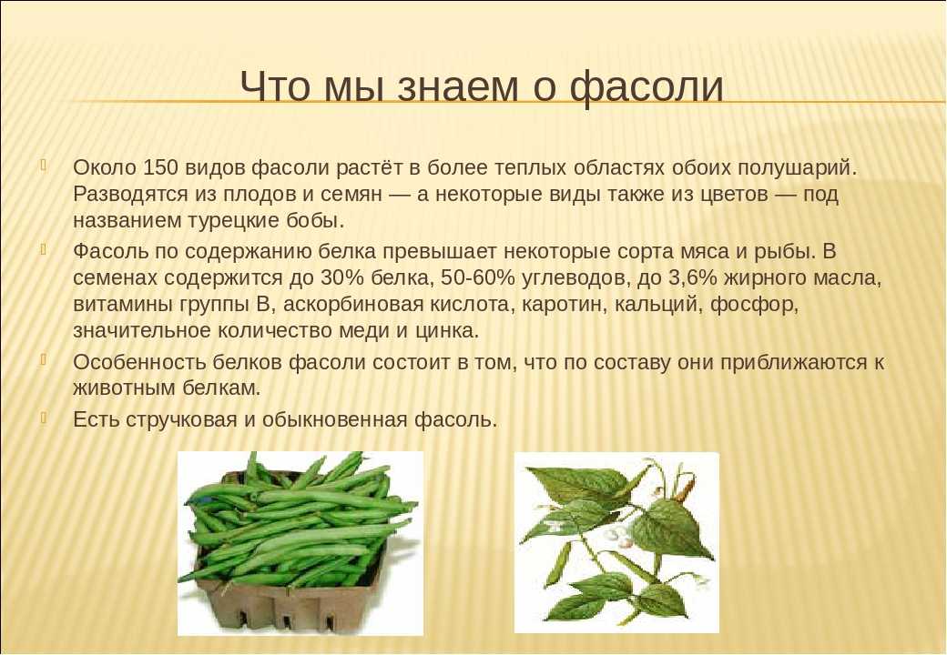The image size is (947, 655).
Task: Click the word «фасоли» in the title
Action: point(647,86)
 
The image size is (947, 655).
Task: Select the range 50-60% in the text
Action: point(478,277)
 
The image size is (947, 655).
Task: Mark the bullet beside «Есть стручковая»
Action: point(43,417)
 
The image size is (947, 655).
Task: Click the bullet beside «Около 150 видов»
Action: point(43,165)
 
